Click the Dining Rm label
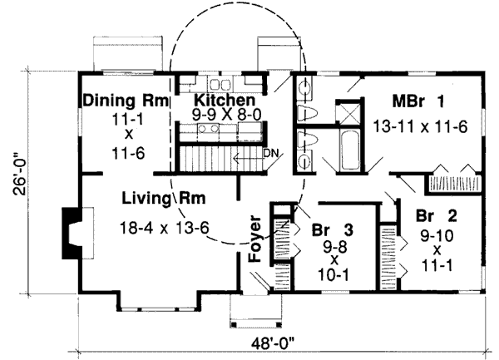click(x=124, y=101)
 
